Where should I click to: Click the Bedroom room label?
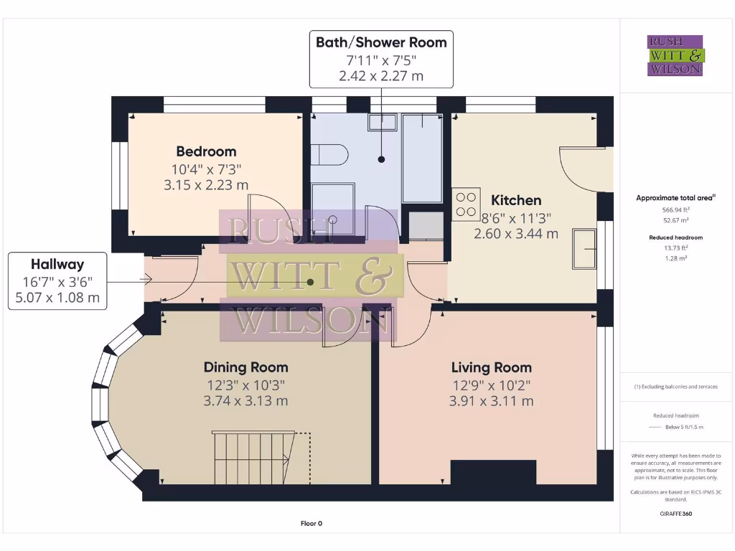tap(206, 151)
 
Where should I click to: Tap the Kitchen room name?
tap(515, 200)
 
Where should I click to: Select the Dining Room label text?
tap(245, 367)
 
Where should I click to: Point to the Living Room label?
tap(491, 367)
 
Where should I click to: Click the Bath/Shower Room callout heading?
tap(381, 42)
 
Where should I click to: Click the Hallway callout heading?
tap(57, 264)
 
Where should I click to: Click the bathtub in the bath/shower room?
tap(421, 158)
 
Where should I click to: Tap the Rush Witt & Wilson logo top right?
tap(676, 56)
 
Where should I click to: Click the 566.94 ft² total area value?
tap(675, 209)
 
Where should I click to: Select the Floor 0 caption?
tap(311, 523)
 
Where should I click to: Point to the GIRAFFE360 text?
tap(675, 514)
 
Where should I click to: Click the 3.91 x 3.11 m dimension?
tap(491, 401)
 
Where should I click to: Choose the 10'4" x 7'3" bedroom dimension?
tap(206, 169)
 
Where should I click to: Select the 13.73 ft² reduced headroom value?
tap(675, 248)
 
